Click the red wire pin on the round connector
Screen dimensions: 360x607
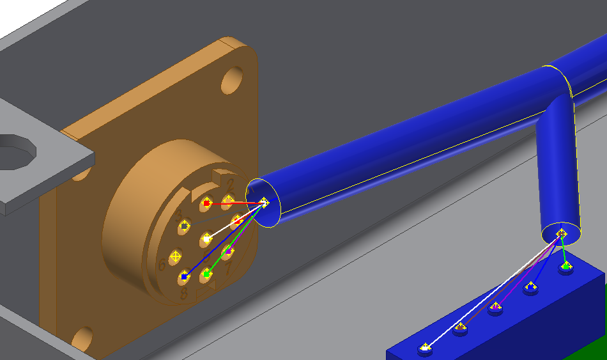(x=206, y=203)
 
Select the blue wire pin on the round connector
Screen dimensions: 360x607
(x=185, y=277)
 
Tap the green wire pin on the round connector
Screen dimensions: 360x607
(x=206, y=274)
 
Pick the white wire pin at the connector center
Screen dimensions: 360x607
(x=206, y=239)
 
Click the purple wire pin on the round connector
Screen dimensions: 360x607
(x=227, y=252)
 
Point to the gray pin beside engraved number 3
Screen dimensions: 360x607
(x=185, y=226)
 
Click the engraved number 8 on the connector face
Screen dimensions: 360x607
(x=184, y=293)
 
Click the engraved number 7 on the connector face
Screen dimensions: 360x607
(x=229, y=267)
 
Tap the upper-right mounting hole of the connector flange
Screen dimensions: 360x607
(x=231, y=82)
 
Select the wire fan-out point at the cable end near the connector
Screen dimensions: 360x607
(x=264, y=203)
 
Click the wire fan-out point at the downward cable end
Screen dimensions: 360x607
(x=561, y=233)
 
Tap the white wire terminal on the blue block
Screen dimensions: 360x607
(x=426, y=348)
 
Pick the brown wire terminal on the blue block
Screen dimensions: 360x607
(x=461, y=329)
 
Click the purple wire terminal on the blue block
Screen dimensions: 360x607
(x=495, y=308)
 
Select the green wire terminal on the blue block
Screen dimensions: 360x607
(x=565, y=265)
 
